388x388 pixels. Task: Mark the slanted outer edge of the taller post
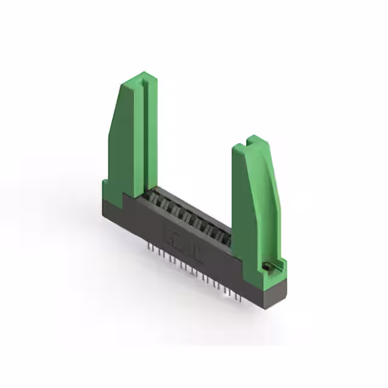click(113, 121)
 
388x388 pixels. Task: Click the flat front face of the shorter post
click(242, 212)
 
